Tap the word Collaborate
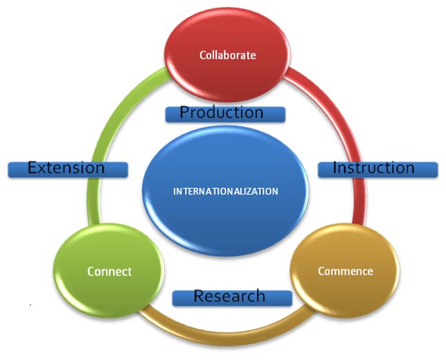[227, 55]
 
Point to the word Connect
[109, 272]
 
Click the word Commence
[345, 271]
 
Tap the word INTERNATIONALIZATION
[226, 191]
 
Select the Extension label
[68, 168]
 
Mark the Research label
[231, 296]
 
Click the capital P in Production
[184, 113]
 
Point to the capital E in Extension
[32, 168]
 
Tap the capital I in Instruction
[335, 168]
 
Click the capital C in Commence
[321, 271]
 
